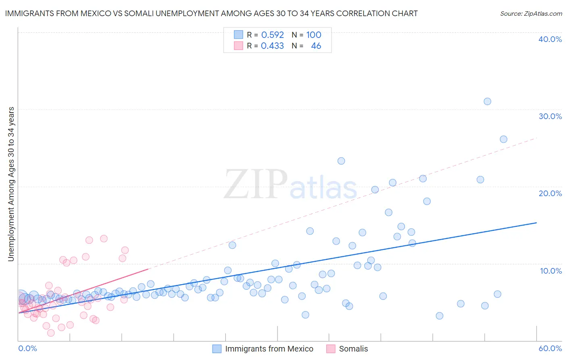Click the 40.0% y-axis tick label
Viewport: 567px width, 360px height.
550,39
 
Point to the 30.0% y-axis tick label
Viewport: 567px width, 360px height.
550,116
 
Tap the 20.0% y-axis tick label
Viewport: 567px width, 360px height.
550,193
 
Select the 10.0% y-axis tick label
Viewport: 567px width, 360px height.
551,271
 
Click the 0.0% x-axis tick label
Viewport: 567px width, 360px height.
27,348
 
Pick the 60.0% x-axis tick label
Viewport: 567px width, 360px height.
550,348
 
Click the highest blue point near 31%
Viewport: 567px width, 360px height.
487,101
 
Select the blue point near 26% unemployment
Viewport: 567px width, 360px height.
503,139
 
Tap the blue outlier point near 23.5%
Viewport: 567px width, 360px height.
341,161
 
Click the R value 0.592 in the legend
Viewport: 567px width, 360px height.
273,35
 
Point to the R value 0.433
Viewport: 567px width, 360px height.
272,46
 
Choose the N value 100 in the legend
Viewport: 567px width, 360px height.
314,35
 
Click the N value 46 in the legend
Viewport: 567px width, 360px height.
316,46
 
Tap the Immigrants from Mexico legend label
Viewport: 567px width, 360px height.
269,349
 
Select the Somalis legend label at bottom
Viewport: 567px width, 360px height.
353,349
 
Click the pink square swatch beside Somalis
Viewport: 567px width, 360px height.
331,349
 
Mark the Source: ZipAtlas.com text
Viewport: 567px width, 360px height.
531,13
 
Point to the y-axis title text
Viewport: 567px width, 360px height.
11,184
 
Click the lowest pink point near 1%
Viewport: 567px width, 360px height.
51,333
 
